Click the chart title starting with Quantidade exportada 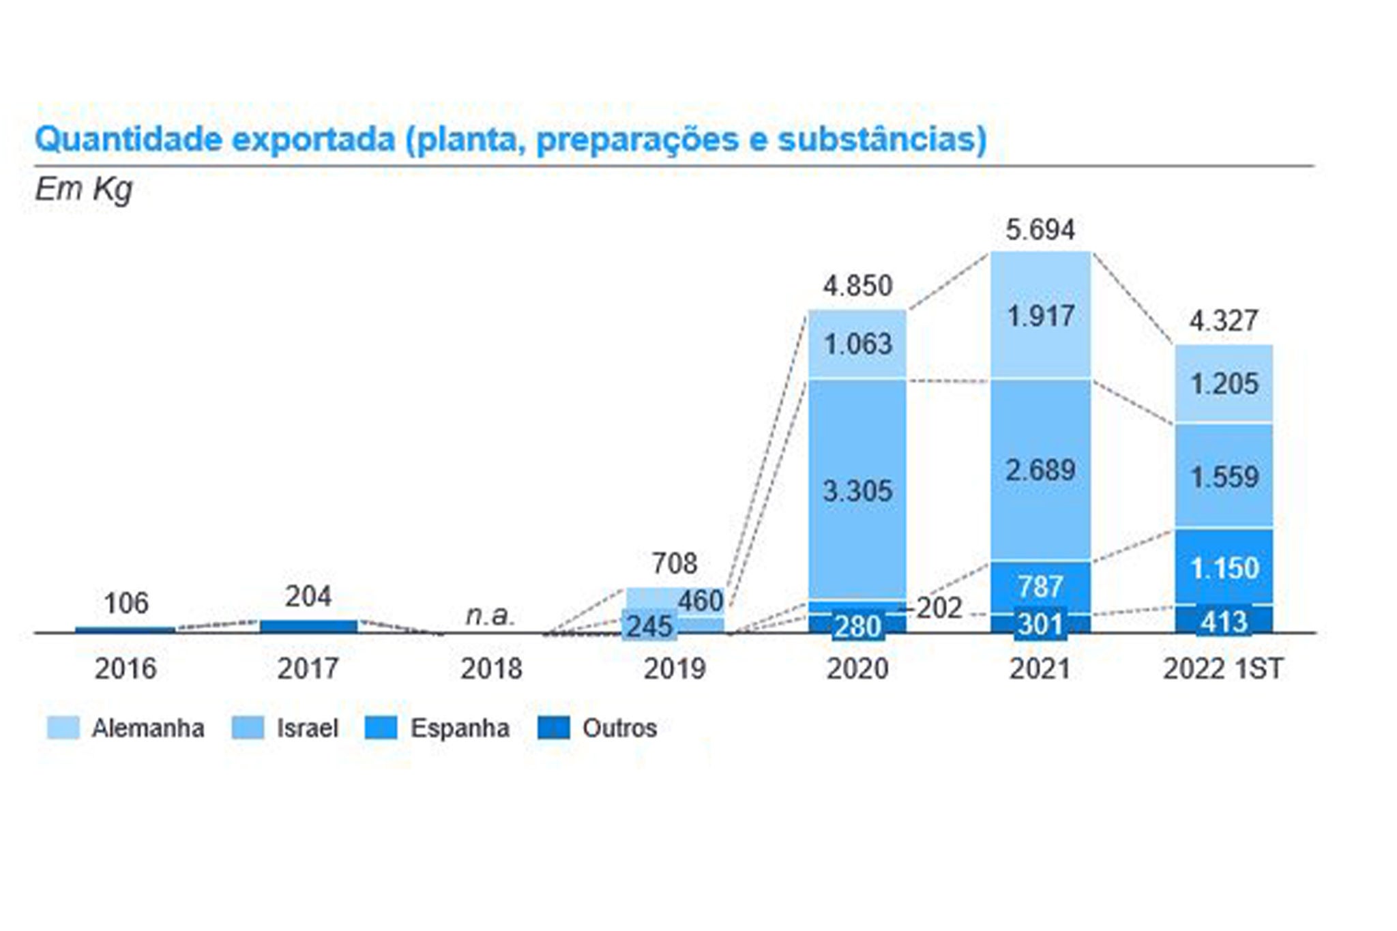click(x=510, y=139)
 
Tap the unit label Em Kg click(x=83, y=189)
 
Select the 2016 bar click(x=125, y=630)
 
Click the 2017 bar click(x=308, y=626)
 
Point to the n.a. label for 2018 click(x=490, y=615)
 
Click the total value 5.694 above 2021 click(x=1040, y=230)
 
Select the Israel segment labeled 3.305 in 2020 click(x=857, y=490)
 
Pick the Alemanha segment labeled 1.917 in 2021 click(x=1041, y=315)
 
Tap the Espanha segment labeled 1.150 click(x=1224, y=567)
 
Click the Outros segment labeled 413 click(x=1224, y=621)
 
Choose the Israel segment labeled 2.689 click(x=1041, y=470)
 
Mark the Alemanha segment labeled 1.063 click(x=857, y=344)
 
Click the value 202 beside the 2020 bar click(x=939, y=608)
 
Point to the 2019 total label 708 click(x=675, y=563)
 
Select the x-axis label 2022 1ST click(x=1223, y=668)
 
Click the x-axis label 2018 click(x=491, y=668)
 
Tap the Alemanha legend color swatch click(x=63, y=728)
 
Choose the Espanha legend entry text click(x=460, y=728)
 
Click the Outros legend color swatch click(x=553, y=728)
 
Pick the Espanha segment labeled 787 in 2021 click(x=1041, y=585)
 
